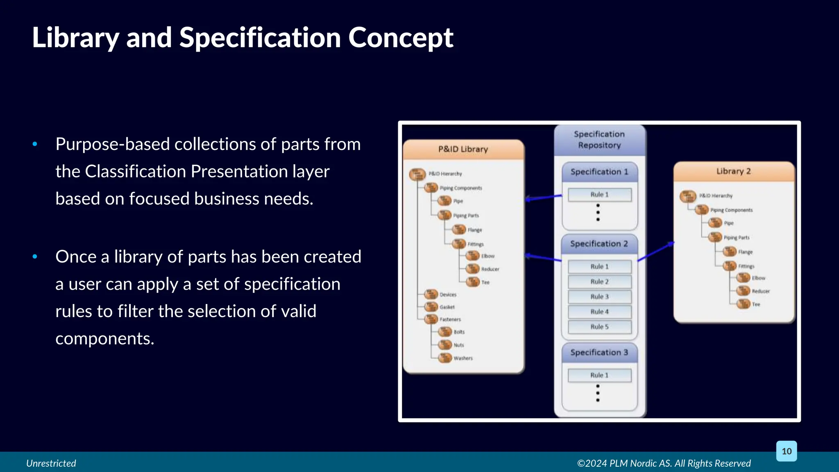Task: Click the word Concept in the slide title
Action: [400, 38]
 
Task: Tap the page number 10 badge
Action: [786, 451]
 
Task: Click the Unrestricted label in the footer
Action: [51, 463]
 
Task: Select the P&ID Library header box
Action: [463, 149]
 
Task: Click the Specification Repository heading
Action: [599, 139]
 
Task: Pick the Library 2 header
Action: [733, 171]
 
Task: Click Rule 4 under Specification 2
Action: [599, 312]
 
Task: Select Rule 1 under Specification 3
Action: [599, 375]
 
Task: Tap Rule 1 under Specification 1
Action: [599, 195]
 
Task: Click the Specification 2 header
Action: [599, 244]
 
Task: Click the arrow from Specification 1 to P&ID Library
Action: [544, 198]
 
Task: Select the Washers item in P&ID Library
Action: [463, 358]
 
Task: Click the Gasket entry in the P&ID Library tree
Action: [447, 307]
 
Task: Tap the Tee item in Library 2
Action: [756, 304]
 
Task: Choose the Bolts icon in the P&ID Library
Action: [445, 332]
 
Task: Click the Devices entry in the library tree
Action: [448, 295]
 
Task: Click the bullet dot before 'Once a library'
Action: [35, 256]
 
